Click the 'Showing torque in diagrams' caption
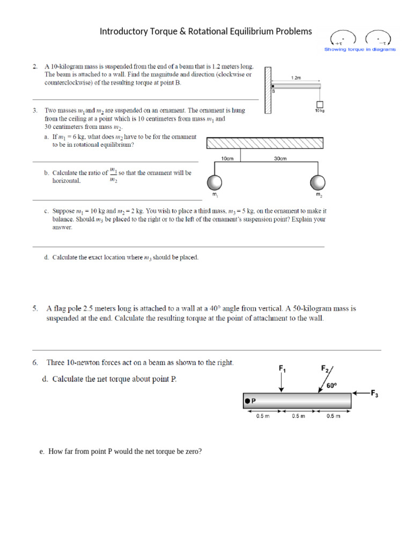360,49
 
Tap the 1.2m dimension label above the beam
296,78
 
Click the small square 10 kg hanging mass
320,104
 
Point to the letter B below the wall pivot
273,92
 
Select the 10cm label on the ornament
227,158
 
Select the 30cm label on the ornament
280,158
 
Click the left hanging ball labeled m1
215,182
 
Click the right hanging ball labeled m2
318,182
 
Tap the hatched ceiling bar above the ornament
265,143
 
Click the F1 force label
282,368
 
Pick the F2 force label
325,368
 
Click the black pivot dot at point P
247,400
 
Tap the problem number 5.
35,309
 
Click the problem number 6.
35,363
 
